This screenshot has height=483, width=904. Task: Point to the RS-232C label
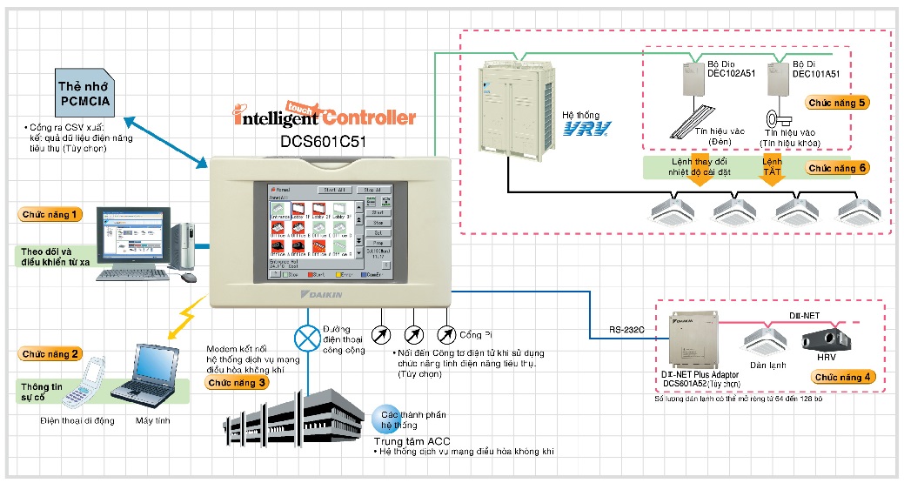(626, 330)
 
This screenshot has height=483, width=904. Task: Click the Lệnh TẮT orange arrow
(773, 178)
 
